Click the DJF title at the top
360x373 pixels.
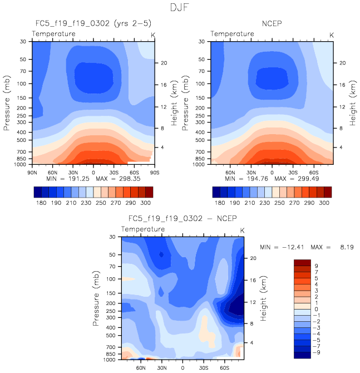click(x=180, y=8)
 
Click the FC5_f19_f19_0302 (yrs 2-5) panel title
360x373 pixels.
click(x=92, y=23)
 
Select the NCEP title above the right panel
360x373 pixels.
click(x=272, y=23)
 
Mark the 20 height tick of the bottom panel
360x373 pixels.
click(x=252, y=258)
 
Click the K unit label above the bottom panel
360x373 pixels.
click(x=242, y=230)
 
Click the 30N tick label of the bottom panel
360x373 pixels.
click(x=162, y=367)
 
